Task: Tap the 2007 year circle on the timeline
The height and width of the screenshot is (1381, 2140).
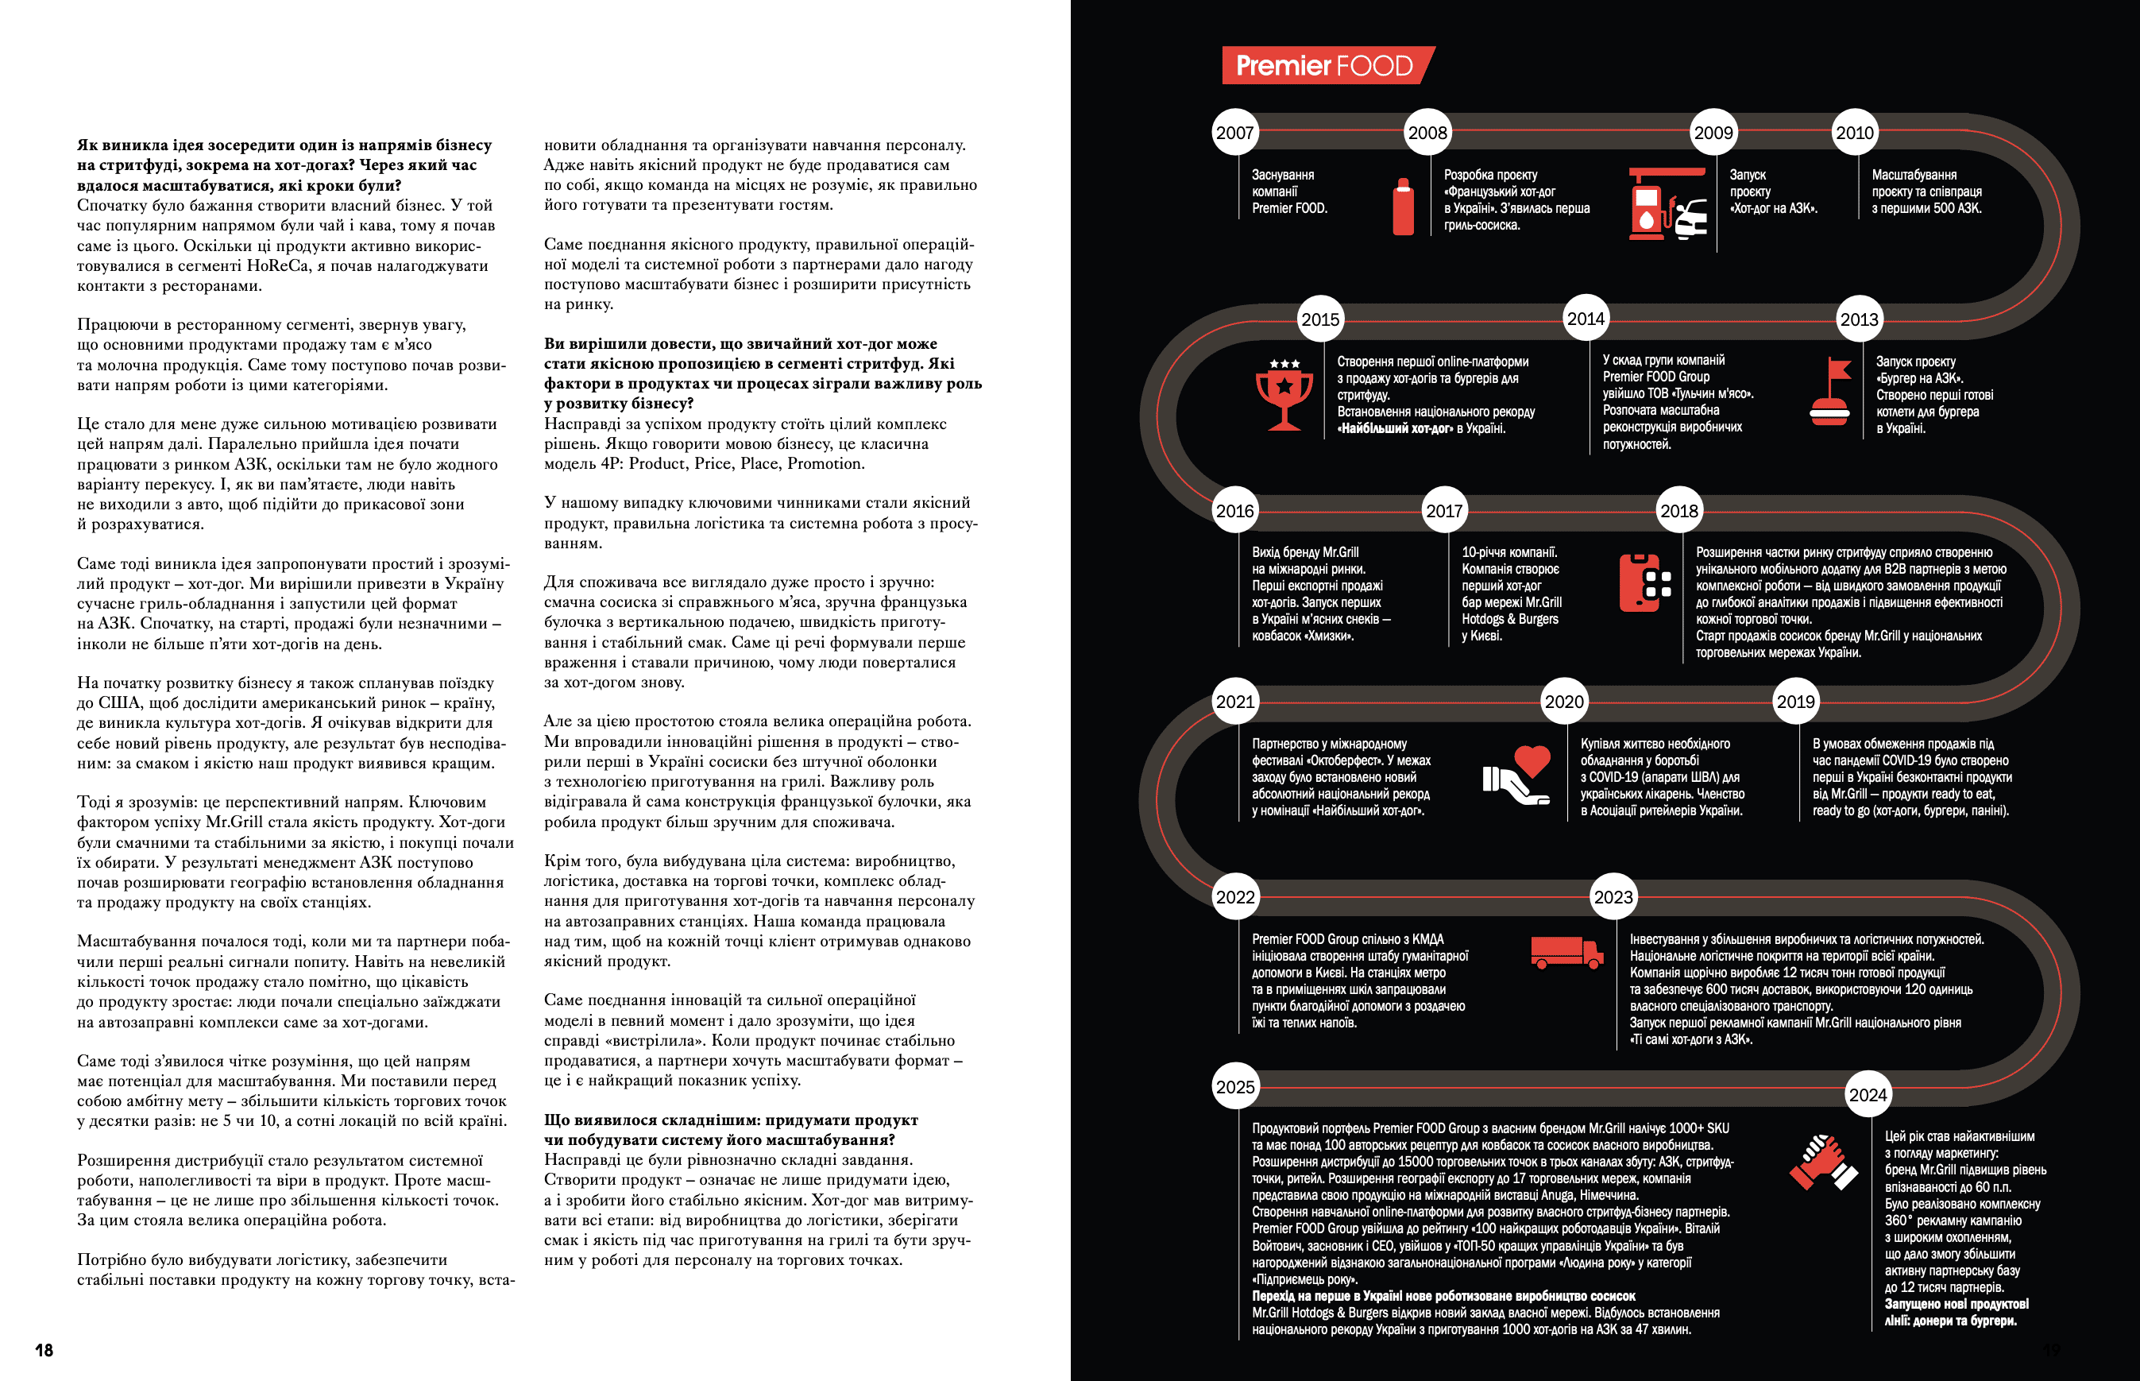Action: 1234,133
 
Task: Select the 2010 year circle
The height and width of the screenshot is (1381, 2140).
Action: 1854,133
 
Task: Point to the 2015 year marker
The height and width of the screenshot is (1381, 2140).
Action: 1319,319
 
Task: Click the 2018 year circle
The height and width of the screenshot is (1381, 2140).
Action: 1678,511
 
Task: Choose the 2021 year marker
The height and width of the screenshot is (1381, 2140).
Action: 1234,702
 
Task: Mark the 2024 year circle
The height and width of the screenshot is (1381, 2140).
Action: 1868,1095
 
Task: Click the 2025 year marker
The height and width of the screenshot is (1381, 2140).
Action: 1234,1087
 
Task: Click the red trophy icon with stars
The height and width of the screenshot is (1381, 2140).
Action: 1284,395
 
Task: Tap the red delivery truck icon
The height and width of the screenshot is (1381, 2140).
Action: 1566,953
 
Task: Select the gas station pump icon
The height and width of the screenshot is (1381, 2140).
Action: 1667,203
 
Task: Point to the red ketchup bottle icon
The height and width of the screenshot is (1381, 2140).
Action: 1403,207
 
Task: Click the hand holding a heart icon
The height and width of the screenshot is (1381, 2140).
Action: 1517,775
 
